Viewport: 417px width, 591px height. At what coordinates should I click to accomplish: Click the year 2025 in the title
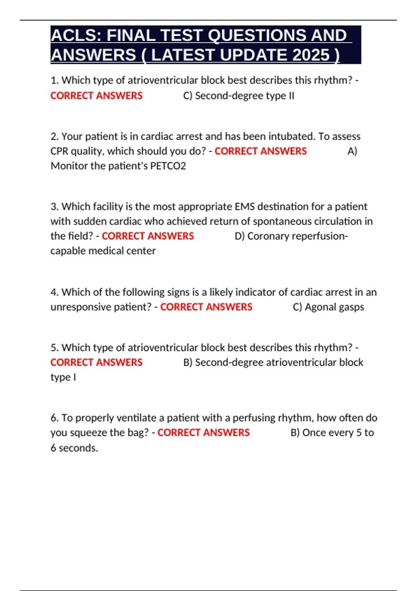pos(311,55)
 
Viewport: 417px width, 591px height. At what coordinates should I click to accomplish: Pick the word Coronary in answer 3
pos(268,236)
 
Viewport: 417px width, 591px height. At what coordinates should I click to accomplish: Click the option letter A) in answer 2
pos(352,151)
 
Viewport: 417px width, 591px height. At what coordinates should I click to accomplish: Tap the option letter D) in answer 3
pos(239,236)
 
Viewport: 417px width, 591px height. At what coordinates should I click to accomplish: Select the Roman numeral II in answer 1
pos(291,96)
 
